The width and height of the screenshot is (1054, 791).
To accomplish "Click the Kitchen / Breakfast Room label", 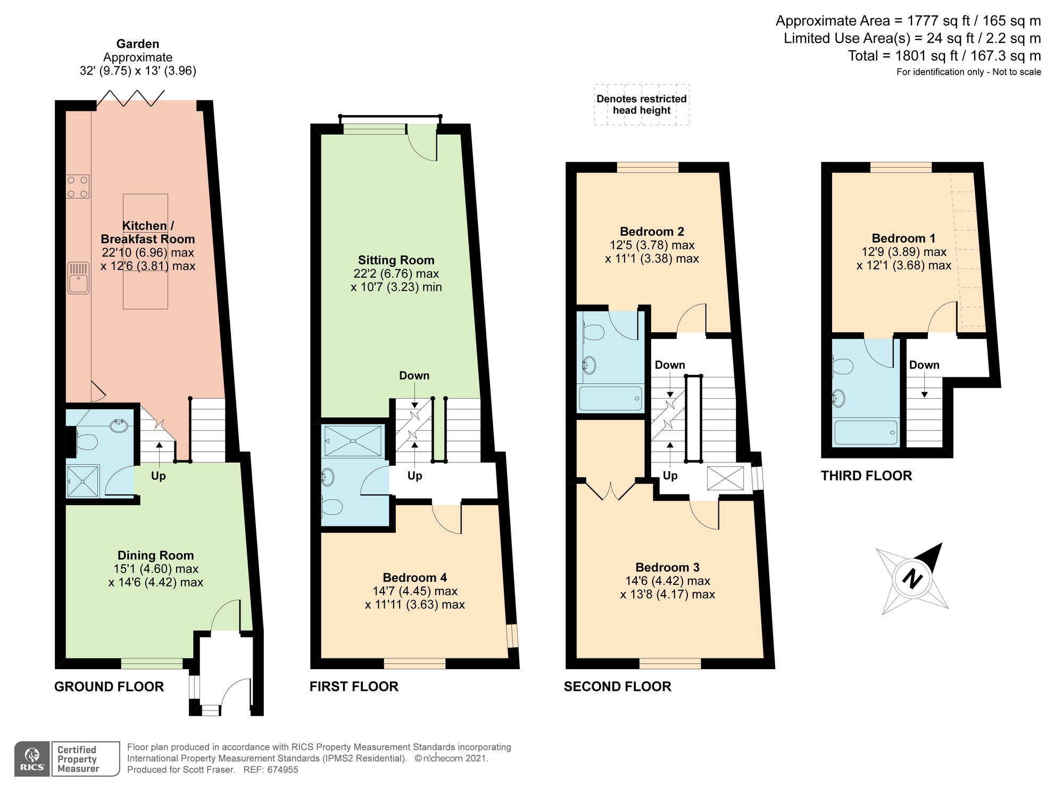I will pos(148,232).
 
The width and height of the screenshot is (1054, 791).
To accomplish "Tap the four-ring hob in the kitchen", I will pos(78,187).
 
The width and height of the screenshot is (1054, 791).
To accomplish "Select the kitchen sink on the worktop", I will pos(78,278).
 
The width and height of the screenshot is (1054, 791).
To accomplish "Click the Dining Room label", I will pos(155,555).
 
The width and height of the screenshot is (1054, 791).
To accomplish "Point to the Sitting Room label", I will pos(396,260).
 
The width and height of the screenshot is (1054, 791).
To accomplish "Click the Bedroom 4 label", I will pos(414,578).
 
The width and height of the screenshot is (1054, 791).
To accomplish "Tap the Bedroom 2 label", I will pos(652,232).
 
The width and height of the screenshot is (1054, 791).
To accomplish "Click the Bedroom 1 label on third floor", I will pos(903,238).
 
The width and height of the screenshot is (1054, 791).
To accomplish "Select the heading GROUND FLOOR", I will pos(109,687).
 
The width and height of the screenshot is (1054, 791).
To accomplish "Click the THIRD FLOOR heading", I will pos(866,475).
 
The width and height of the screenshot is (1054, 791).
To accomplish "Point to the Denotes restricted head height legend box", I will pos(642,105).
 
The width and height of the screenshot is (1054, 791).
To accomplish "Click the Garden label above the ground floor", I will pos(138,44).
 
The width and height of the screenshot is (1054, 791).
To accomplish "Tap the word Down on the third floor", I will pos(924,365).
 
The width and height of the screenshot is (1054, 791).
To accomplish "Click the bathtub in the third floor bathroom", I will pos(866,433).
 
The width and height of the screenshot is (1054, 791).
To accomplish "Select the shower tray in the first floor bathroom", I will pos(353,441).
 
